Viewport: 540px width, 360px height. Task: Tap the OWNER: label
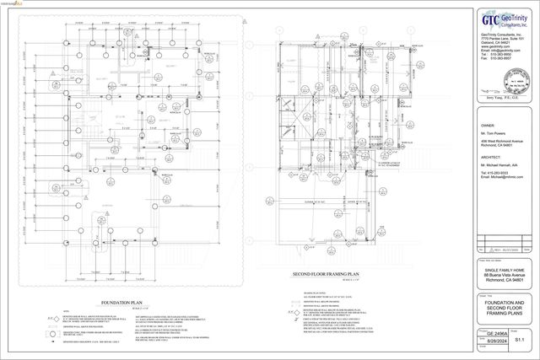(488, 124)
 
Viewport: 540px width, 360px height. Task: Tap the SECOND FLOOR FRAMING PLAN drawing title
(327, 275)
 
